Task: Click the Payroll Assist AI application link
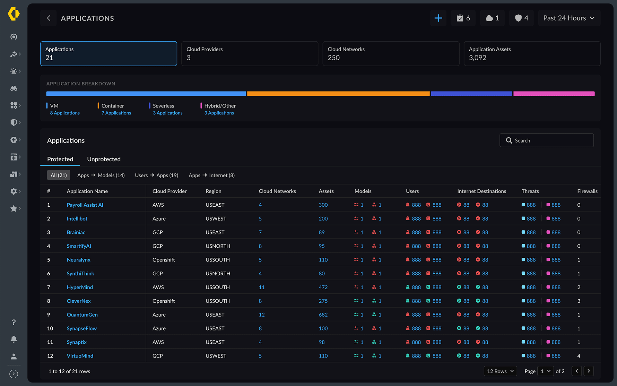[85, 205]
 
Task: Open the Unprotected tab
[104, 159]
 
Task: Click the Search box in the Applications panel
[546, 140]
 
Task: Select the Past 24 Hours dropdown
[569, 18]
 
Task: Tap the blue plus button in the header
[438, 18]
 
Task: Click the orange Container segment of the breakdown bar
[338, 94]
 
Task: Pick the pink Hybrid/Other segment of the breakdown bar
[554, 94]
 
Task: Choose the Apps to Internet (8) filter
[211, 175]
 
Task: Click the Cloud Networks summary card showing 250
[391, 54]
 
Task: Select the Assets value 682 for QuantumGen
[323, 315]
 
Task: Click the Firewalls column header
[587, 191]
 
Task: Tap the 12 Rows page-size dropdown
[500, 371]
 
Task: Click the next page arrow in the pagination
[589, 371]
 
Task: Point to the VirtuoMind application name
[80, 356]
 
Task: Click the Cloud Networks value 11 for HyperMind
[261, 288]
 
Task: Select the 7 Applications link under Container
[116, 113]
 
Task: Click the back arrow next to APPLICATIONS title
[49, 18]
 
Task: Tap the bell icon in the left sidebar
[14, 339]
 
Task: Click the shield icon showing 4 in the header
[521, 18]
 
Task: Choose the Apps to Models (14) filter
[101, 175]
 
